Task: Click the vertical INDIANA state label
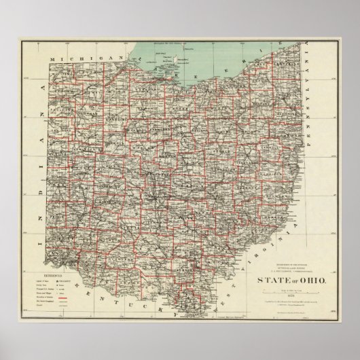coord(41,170)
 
